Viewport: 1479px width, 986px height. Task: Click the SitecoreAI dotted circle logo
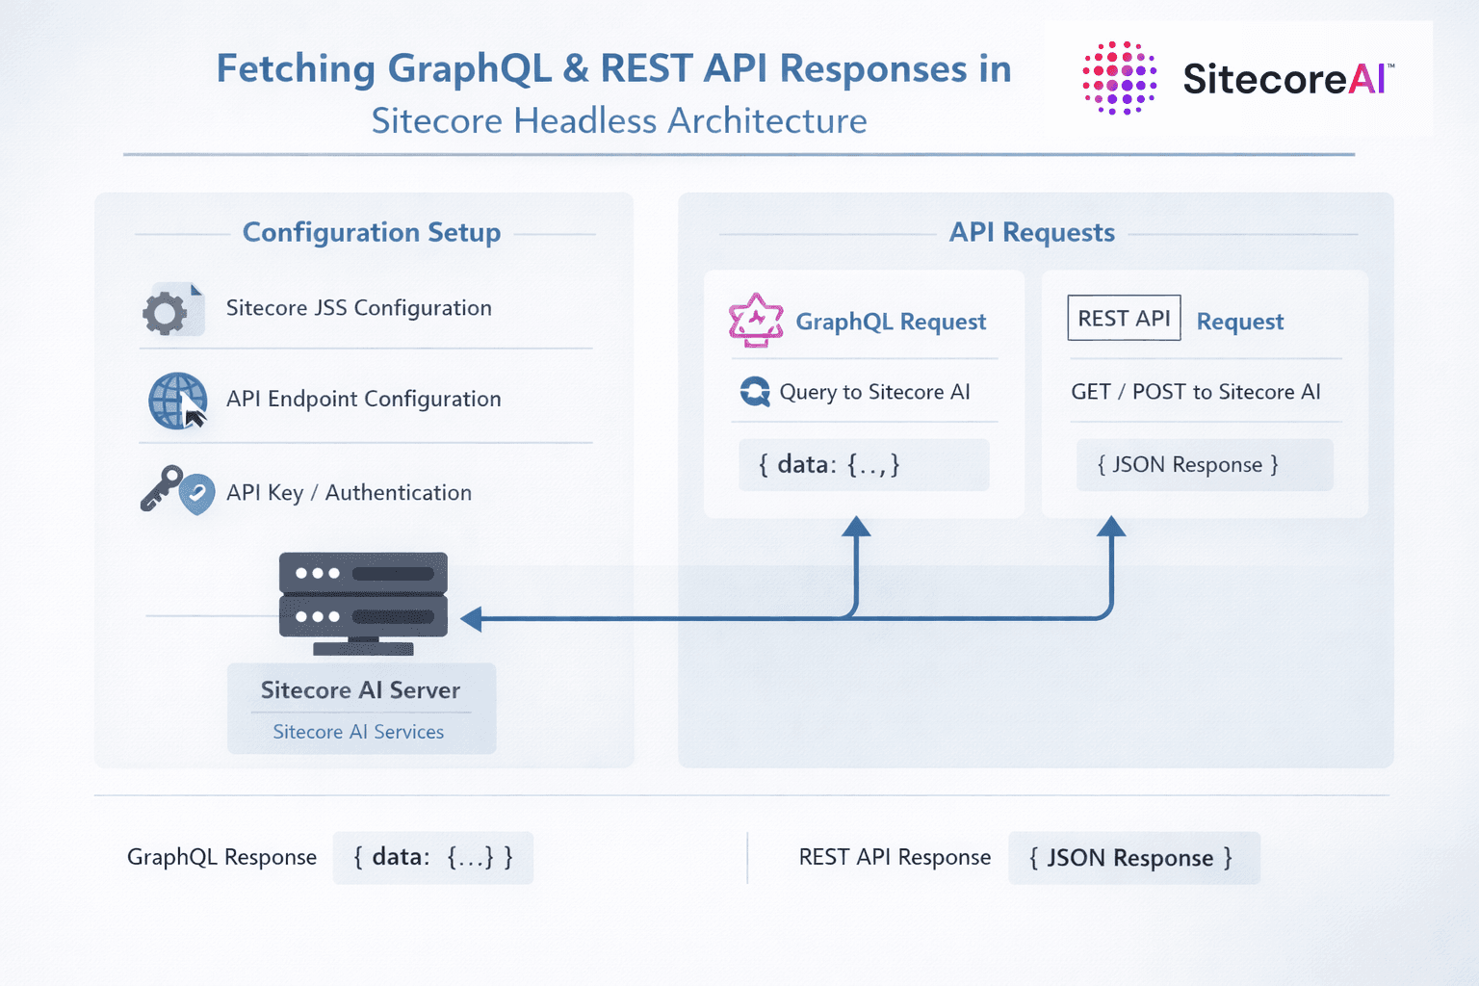pyautogui.click(x=1120, y=78)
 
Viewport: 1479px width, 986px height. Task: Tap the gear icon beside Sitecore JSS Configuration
pyautogui.click(x=166, y=312)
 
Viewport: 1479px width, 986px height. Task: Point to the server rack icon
pyautogui.click(x=363, y=603)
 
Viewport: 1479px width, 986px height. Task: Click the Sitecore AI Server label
pyautogui.click(x=360, y=690)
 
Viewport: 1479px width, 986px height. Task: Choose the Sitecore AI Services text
pyautogui.click(x=358, y=732)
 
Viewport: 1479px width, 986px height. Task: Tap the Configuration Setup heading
pyautogui.click(x=372, y=233)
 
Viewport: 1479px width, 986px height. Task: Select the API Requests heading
pyautogui.click(x=1031, y=233)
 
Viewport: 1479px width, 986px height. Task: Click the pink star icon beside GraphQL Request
pyautogui.click(x=756, y=320)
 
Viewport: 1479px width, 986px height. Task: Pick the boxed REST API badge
pyautogui.click(x=1124, y=318)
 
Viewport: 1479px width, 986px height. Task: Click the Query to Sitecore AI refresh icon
pyautogui.click(x=755, y=392)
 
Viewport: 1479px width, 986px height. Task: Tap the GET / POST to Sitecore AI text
pyautogui.click(x=1195, y=392)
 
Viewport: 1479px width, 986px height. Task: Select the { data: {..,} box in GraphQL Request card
pyautogui.click(x=864, y=465)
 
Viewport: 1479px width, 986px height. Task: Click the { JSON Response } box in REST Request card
pyautogui.click(x=1204, y=465)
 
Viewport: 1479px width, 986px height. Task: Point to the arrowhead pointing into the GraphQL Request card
pyautogui.click(x=856, y=527)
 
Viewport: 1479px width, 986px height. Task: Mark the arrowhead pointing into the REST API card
pyautogui.click(x=1111, y=527)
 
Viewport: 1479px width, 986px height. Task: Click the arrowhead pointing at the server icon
pyautogui.click(x=472, y=618)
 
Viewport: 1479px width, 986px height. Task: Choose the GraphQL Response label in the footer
pyautogui.click(x=221, y=857)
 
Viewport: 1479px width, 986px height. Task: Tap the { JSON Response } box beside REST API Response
pyautogui.click(x=1133, y=858)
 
